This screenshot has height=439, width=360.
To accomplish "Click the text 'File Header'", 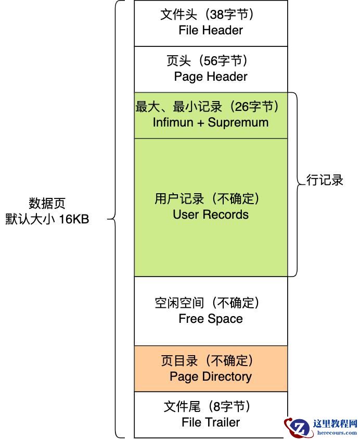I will [x=211, y=30].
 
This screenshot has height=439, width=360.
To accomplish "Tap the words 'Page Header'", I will [x=211, y=77].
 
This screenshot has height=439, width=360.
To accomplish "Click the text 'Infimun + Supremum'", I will [x=211, y=122].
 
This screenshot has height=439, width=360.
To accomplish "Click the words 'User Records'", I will [x=211, y=215].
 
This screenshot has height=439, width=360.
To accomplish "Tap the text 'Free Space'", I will [x=211, y=319].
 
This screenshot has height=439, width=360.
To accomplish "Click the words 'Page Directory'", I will [x=211, y=377].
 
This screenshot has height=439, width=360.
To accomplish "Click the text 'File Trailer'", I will [x=211, y=422].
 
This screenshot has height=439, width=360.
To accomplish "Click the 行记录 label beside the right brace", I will [x=325, y=180].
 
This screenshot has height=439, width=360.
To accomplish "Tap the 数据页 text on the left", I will [x=47, y=204].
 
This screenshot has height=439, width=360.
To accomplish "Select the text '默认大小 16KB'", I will [x=47, y=219].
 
